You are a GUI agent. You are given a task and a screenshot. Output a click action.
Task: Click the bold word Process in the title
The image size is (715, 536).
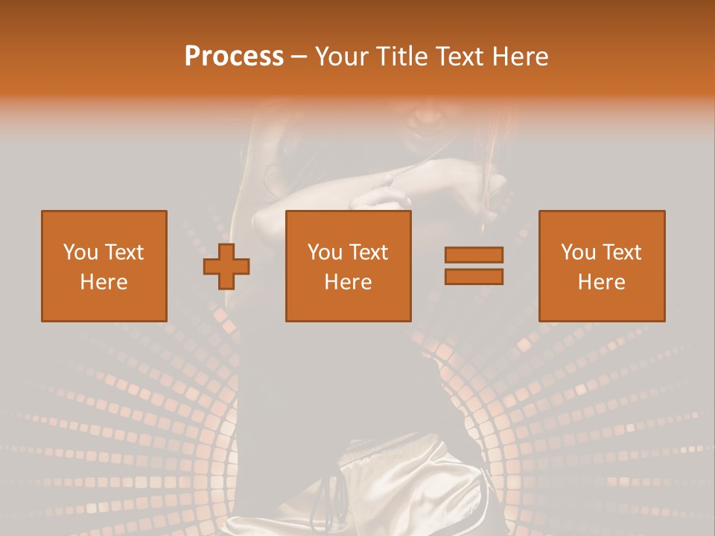click(x=234, y=57)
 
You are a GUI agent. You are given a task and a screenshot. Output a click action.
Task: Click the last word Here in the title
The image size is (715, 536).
click(x=521, y=57)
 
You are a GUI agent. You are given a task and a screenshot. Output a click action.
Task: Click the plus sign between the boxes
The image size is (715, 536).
click(x=226, y=267)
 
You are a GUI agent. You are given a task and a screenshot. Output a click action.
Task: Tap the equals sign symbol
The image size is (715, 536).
click(x=474, y=266)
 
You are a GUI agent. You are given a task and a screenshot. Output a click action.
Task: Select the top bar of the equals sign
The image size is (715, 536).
click(x=474, y=255)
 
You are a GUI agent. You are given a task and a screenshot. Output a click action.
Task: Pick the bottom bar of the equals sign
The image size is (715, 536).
click(x=474, y=276)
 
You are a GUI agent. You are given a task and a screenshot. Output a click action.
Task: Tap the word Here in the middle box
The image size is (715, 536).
click(x=349, y=282)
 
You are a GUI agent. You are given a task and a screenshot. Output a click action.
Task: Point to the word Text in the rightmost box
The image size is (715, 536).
click(x=622, y=252)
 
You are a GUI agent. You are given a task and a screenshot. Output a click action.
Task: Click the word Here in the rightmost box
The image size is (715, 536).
click(x=602, y=282)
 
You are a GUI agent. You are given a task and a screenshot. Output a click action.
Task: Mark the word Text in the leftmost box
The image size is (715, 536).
click(x=124, y=252)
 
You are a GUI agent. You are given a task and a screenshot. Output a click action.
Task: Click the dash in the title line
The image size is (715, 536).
click(x=299, y=57)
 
